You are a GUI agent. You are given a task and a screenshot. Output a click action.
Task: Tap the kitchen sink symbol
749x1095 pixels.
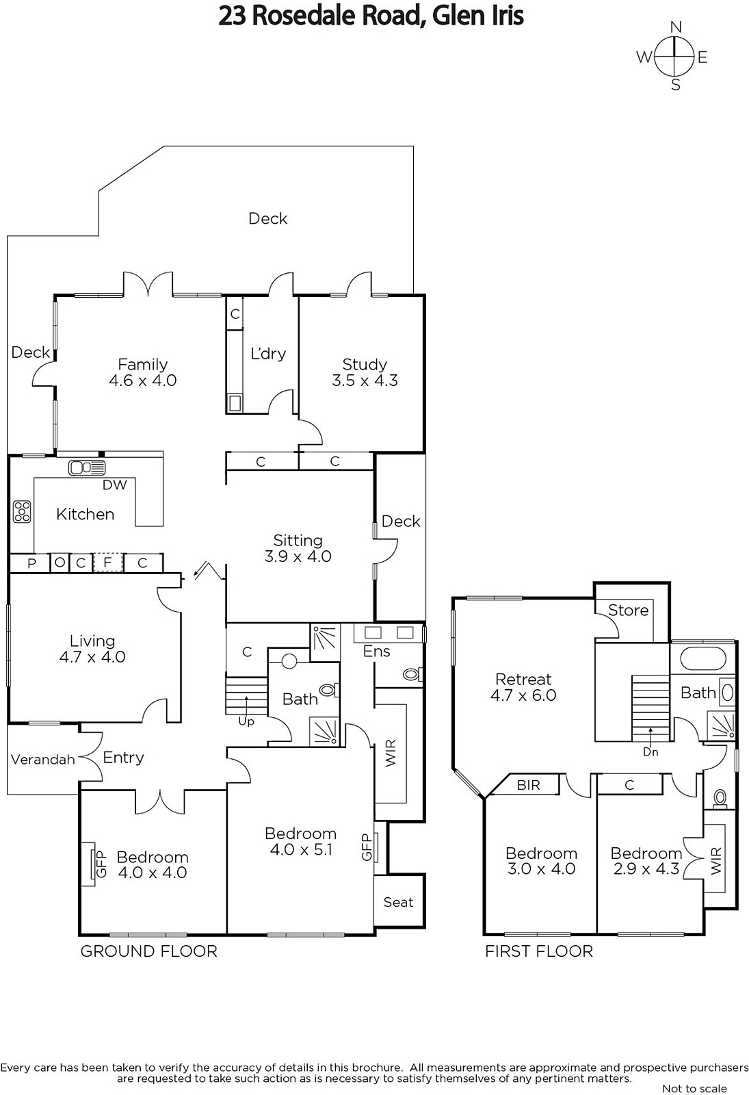click(87, 468)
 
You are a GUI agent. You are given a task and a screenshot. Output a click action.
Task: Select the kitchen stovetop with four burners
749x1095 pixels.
click(22, 511)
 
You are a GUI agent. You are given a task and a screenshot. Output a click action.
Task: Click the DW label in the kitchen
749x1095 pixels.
click(115, 485)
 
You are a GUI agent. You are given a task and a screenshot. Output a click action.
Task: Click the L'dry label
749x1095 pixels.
click(267, 353)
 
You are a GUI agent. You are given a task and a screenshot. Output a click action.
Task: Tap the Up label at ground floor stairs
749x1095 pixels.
click(246, 721)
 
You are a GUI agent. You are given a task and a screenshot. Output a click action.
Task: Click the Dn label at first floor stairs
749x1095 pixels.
click(651, 752)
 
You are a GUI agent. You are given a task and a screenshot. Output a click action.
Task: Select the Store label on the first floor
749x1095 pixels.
click(629, 610)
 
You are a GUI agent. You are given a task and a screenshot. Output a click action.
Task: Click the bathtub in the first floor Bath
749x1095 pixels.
click(701, 659)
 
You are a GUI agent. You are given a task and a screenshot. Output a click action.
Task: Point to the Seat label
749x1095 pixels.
click(398, 902)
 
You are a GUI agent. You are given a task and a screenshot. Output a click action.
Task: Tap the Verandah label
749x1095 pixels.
click(43, 759)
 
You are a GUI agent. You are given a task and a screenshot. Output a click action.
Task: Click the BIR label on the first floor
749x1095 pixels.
click(528, 784)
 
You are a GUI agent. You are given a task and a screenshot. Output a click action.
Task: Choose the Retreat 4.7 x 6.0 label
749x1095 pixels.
click(523, 687)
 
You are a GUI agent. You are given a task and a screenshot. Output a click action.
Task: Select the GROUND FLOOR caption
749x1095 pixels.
click(148, 951)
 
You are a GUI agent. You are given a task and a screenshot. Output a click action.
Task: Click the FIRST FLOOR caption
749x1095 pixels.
click(538, 951)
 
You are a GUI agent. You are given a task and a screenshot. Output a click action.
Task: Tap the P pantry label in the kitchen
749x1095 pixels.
click(31, 564)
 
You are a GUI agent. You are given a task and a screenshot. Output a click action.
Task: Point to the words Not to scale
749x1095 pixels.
click(694, 1088)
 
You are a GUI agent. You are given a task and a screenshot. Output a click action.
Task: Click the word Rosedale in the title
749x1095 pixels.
click(305, 16)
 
